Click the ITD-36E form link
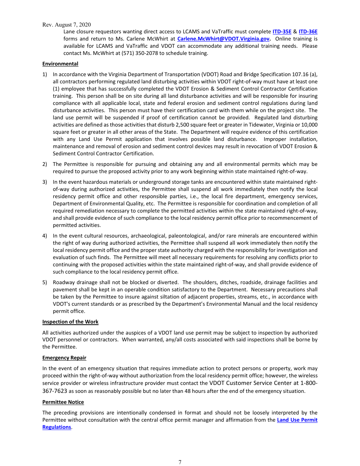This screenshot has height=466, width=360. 308,32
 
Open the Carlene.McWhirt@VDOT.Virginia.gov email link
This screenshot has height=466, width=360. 224,39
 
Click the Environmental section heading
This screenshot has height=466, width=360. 60,64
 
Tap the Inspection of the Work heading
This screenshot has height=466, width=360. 70,322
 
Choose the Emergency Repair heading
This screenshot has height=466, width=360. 64,358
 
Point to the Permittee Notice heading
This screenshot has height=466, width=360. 63,402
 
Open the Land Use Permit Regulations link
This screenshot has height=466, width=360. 297,420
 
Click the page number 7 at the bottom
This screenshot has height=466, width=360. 180,462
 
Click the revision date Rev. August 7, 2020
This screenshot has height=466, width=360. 66,25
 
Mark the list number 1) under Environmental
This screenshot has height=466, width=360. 45,75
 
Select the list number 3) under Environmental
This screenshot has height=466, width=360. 45,182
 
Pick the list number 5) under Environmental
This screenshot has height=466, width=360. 45,283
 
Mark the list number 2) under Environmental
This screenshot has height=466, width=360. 45,164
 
